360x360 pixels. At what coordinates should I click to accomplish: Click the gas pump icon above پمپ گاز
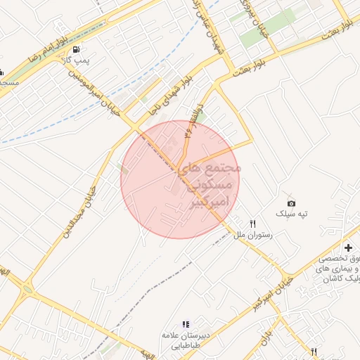coord(76,50)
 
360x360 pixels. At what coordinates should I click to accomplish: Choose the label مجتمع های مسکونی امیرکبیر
coord(210,186)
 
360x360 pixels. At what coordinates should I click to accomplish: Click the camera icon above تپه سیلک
coord(292,202)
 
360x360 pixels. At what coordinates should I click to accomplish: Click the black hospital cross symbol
coord(348,247)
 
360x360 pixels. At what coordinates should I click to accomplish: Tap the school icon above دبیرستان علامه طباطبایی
coord(186,324)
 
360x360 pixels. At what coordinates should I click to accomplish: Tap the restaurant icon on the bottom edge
coord(314,351)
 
